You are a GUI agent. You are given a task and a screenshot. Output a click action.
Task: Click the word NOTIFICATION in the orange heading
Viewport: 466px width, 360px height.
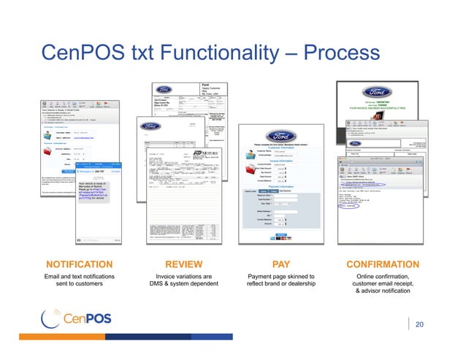80,264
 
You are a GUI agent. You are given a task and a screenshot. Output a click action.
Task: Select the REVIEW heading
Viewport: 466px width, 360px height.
180,264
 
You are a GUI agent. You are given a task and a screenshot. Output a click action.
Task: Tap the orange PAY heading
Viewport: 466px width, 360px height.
281,264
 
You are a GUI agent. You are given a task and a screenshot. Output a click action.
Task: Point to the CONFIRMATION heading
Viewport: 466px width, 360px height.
383,264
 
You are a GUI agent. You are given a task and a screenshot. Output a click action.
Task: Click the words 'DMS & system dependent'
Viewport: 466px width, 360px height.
180,285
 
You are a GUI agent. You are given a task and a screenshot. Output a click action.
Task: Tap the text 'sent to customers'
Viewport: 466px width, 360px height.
80,285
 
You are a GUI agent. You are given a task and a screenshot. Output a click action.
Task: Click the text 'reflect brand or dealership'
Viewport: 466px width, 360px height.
281,285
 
